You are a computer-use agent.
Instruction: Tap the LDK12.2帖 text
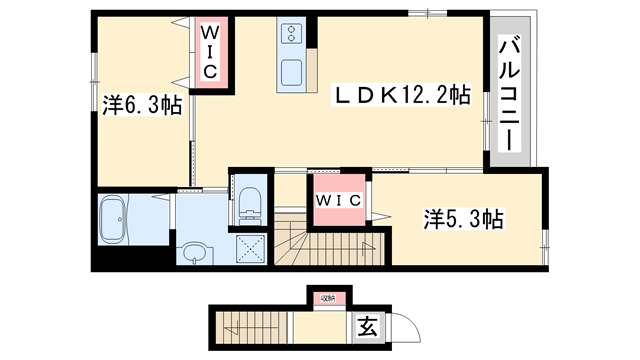pos(401,96)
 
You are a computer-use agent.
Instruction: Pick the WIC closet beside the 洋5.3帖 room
pos(339,200)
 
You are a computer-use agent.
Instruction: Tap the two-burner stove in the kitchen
pos(293,35)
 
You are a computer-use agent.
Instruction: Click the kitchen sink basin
pos(293,73)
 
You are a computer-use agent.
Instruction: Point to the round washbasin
pos(193,250)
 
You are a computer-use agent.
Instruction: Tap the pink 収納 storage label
pos(327,296)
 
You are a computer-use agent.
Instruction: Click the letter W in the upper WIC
pos(212,33)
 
